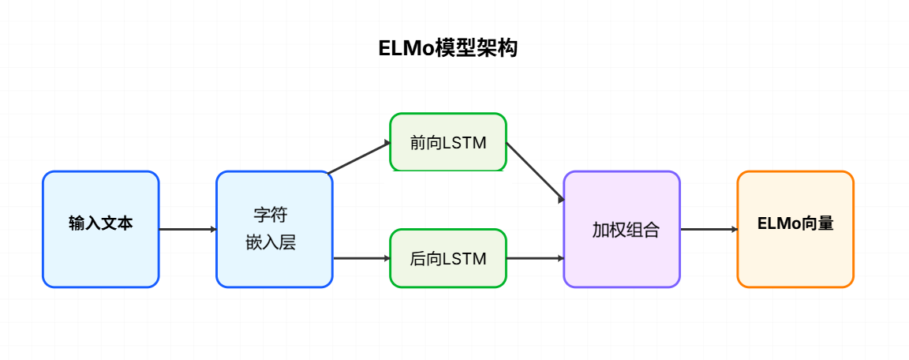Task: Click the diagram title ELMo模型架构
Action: (x=448, y=49)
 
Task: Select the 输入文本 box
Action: (x=101, y=229)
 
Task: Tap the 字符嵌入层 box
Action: (x=275, y=229)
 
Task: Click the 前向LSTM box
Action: (x=448, y=142)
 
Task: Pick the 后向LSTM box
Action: (x=448, y=258)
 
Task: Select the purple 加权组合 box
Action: (x=622, y=229)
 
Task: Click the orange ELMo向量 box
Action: (x=795, y=229)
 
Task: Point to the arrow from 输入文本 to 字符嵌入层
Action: (x=188, y=229)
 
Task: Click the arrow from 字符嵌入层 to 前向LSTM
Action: (x=360, y=157)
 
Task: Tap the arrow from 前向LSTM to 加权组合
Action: (x=535, y=171)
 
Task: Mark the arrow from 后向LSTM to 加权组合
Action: (x=535, y=258)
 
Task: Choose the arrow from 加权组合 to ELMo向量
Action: (x=709, y=229)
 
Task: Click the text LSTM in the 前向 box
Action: (x=466, y=143)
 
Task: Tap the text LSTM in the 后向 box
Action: (x=466, y=259)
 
